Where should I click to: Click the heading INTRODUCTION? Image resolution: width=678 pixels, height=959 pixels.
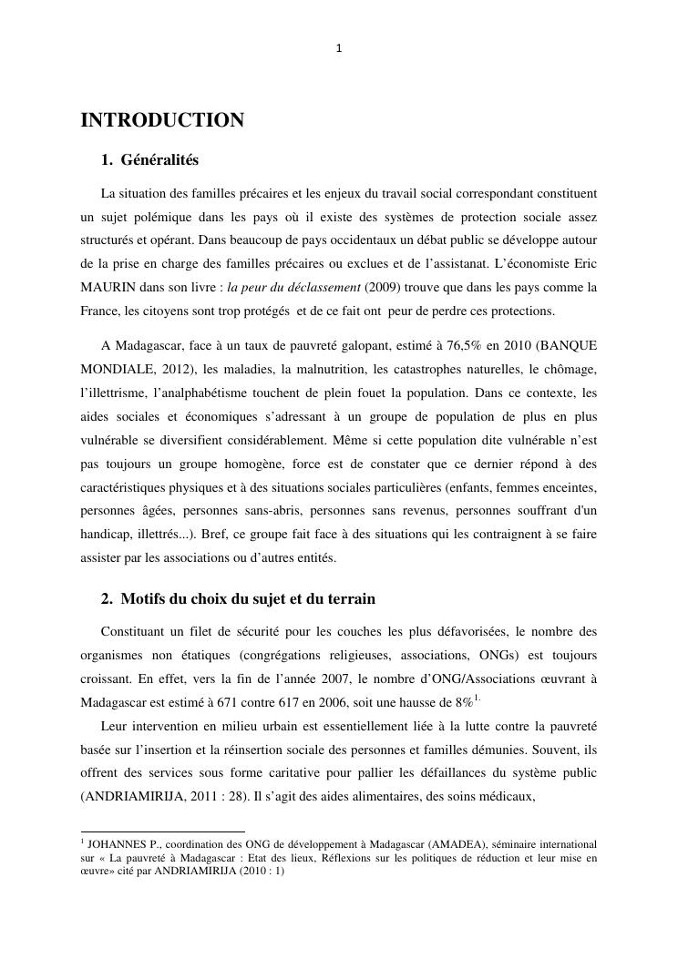point(162,120)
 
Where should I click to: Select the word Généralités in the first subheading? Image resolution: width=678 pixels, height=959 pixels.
point(159,160)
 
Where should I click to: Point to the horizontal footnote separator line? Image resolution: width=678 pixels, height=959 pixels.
point(163,831)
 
